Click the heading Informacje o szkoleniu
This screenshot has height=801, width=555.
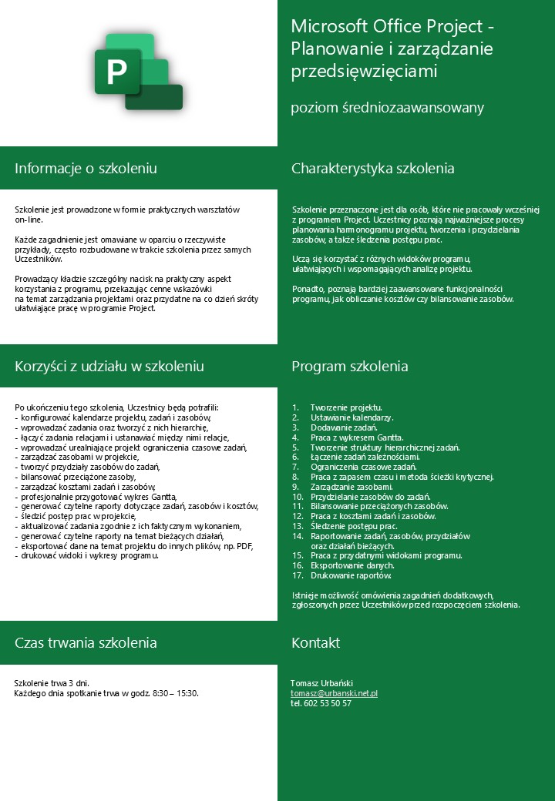[x=86, y=169]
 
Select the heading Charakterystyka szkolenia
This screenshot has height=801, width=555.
[x=372, y=169]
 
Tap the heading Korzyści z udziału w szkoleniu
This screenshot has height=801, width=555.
[x=109, y=366]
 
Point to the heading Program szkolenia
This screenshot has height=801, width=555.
[x=349, y=366]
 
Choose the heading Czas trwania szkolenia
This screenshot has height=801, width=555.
[x=86, y=642]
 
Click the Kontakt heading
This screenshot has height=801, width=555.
[x=315, y=642]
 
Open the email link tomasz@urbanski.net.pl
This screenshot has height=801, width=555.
[x=334, y=693]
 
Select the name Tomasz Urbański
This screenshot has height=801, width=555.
[x=321, y=683]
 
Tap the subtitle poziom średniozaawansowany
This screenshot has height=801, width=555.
[x=387, y=108]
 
